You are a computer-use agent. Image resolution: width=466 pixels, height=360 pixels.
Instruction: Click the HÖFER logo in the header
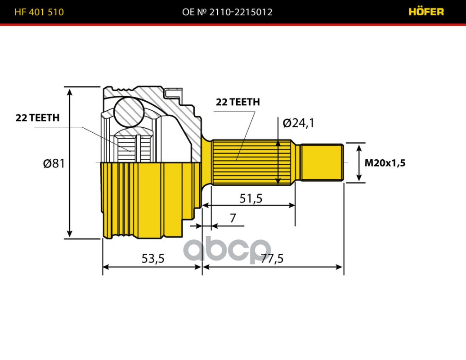(426, 12)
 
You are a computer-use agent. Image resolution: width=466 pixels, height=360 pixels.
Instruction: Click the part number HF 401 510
(39, 12)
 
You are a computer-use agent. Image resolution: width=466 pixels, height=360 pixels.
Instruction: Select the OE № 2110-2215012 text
(227, 12)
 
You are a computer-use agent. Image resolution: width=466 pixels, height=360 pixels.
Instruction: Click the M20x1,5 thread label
(385, 163)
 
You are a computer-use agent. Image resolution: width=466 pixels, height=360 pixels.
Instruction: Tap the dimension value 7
(233, 219)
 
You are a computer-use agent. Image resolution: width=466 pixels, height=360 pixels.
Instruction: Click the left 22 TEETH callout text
(37, 118)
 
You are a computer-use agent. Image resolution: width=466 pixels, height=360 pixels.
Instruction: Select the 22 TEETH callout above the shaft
(237, 102)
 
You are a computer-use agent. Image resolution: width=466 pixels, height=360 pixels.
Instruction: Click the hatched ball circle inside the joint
(128, 111)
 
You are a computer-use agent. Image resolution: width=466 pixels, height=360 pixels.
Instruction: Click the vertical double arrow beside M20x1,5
(359, 162)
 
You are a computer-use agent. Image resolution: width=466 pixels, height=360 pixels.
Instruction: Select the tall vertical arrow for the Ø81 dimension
(69, 162)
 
